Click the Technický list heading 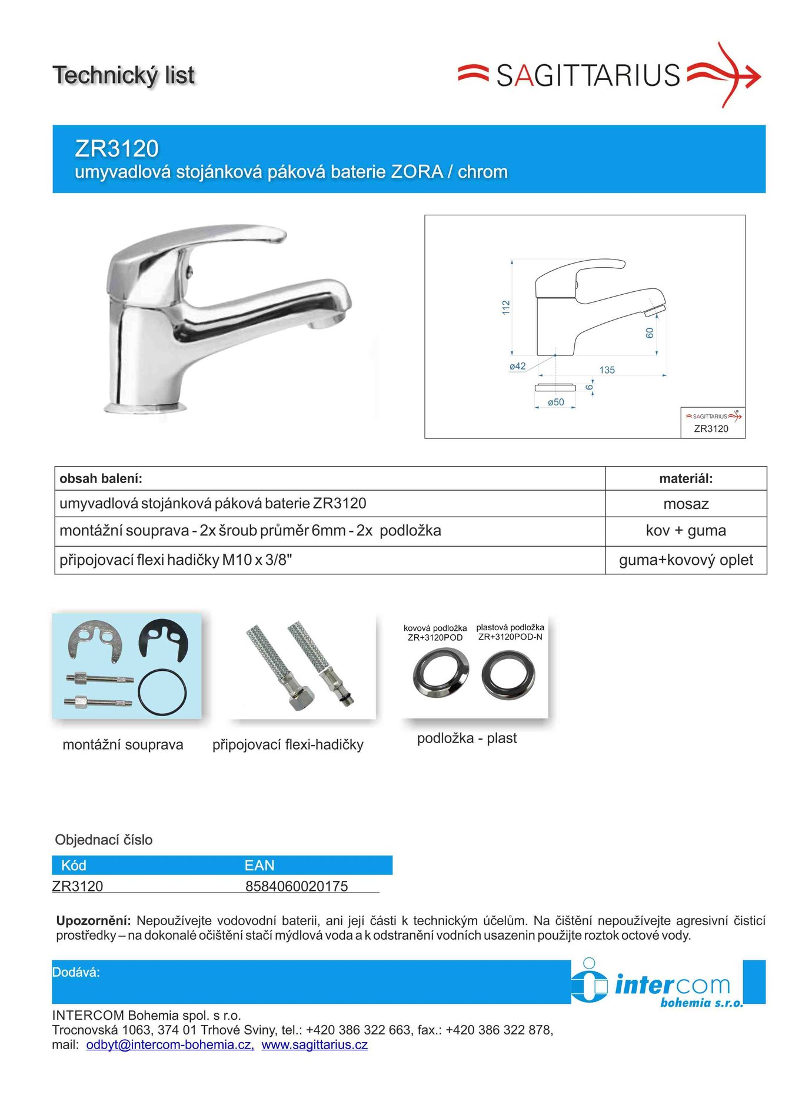coord(124,75)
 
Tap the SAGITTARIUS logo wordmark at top coord(588,76)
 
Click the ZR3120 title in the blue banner coord(117,148)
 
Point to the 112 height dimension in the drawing coord(506,307)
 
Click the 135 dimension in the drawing coord(607,370)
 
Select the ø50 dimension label coord(555,402)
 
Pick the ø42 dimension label coord(517,366)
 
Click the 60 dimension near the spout coord(650,333)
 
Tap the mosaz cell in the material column coord(685,504)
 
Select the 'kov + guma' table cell coord(685,531)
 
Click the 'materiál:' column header coord(685,479)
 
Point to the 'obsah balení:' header coord(101,479)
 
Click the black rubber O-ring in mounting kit coord(162,692)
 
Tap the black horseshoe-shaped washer coord(163,641)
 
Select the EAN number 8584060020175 coord(297,886)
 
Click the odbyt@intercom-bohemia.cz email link coord(170,1045)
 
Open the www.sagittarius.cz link coord(315,1045)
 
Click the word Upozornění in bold coord(93,921)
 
